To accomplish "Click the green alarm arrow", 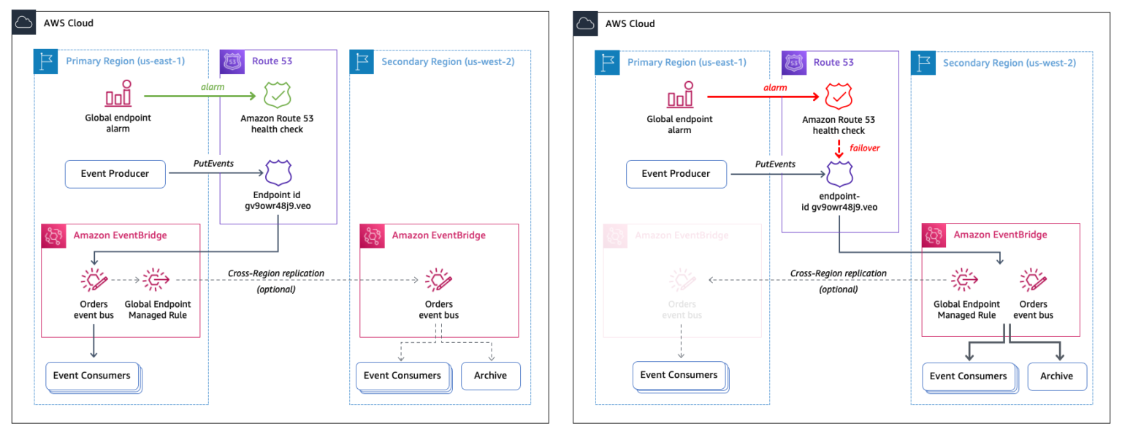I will click(197, 96).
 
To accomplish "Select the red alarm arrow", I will click(760, 96).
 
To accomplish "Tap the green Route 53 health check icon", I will click(277, 96).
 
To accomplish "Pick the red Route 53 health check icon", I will click(839, 96).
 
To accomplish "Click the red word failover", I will click(866, 148).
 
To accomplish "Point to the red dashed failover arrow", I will click(839, 148).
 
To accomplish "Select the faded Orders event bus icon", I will click(682, 279).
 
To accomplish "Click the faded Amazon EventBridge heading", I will click(681, 235).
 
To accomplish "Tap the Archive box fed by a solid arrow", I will click(1056, 376).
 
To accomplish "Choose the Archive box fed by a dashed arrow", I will click(490, 376).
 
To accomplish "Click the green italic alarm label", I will click(212, 87).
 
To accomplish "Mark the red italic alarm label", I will click(775, 87).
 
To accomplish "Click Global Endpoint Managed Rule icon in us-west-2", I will click(966, 279).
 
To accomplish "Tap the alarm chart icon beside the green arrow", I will click(118, 95).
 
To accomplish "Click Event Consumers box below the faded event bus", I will click(679, 375).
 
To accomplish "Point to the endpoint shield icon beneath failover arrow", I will click(839, 174).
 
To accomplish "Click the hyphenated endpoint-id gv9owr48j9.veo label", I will click(839, 202).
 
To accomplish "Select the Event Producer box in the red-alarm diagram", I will click(676, 174).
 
